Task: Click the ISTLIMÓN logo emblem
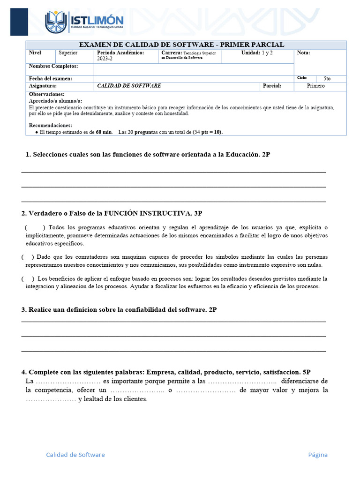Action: coord(56,22)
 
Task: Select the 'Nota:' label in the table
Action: coord(303,53)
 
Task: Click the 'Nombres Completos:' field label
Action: coord(53,66)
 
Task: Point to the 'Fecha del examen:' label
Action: coord(51,79)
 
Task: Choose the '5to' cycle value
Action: coord(327,79)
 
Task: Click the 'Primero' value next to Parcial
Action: coord(315,86)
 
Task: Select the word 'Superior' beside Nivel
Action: coord(68,53)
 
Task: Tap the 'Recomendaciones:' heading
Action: coord(51,125)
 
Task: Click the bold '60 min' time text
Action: coord(104,132)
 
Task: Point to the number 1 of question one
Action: coord(28,154)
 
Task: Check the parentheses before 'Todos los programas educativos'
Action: coord(35,227)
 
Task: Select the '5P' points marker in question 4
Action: coord(307,372)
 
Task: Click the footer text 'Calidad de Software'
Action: coord(75,455)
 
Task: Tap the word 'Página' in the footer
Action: coord(318,455)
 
